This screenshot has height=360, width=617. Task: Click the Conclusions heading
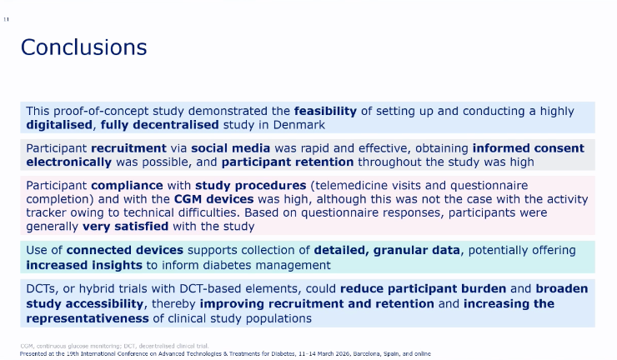(84, 47)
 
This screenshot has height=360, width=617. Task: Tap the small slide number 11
(7, 19)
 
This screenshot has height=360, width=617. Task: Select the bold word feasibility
(325, 112)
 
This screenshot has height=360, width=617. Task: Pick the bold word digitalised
(59, 125)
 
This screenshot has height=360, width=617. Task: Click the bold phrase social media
(231, 148)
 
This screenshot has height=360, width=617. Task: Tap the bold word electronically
(69, 162)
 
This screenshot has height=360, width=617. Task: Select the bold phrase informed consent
(529, 148)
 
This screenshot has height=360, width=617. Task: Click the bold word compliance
(127, 186)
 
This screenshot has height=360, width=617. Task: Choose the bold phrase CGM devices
(214, 199)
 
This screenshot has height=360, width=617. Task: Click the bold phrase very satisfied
(126, 227)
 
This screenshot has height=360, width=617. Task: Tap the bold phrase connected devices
(125, 250)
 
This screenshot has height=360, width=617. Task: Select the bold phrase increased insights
(84, 265)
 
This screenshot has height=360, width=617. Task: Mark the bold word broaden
(562, 289)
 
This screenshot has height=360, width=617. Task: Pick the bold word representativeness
(88, 318)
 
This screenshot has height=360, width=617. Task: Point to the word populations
(278, 318)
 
